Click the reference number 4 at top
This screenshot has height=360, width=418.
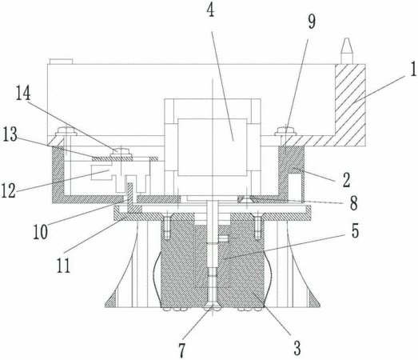click(211, 10)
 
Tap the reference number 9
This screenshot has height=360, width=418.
click(312, 22)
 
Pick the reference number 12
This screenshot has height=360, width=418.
click(9, 190)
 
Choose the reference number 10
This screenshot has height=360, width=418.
click(41, 232)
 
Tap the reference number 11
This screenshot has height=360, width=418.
click(63, 266)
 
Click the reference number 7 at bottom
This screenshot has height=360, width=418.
click(181, 350)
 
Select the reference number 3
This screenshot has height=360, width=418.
click(297, 348)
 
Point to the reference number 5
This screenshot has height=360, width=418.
click(355, 231)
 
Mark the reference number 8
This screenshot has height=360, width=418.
click(354, 203)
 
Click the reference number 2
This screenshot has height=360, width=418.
click(346, 180)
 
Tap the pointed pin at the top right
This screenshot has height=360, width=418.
click(347, 50)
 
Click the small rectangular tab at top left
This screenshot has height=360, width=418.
click(61, 62)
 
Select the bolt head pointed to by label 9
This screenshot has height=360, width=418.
click(285, 130)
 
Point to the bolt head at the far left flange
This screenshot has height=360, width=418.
click(66, 130)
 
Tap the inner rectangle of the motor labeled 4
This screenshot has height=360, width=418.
click(213, 147)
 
